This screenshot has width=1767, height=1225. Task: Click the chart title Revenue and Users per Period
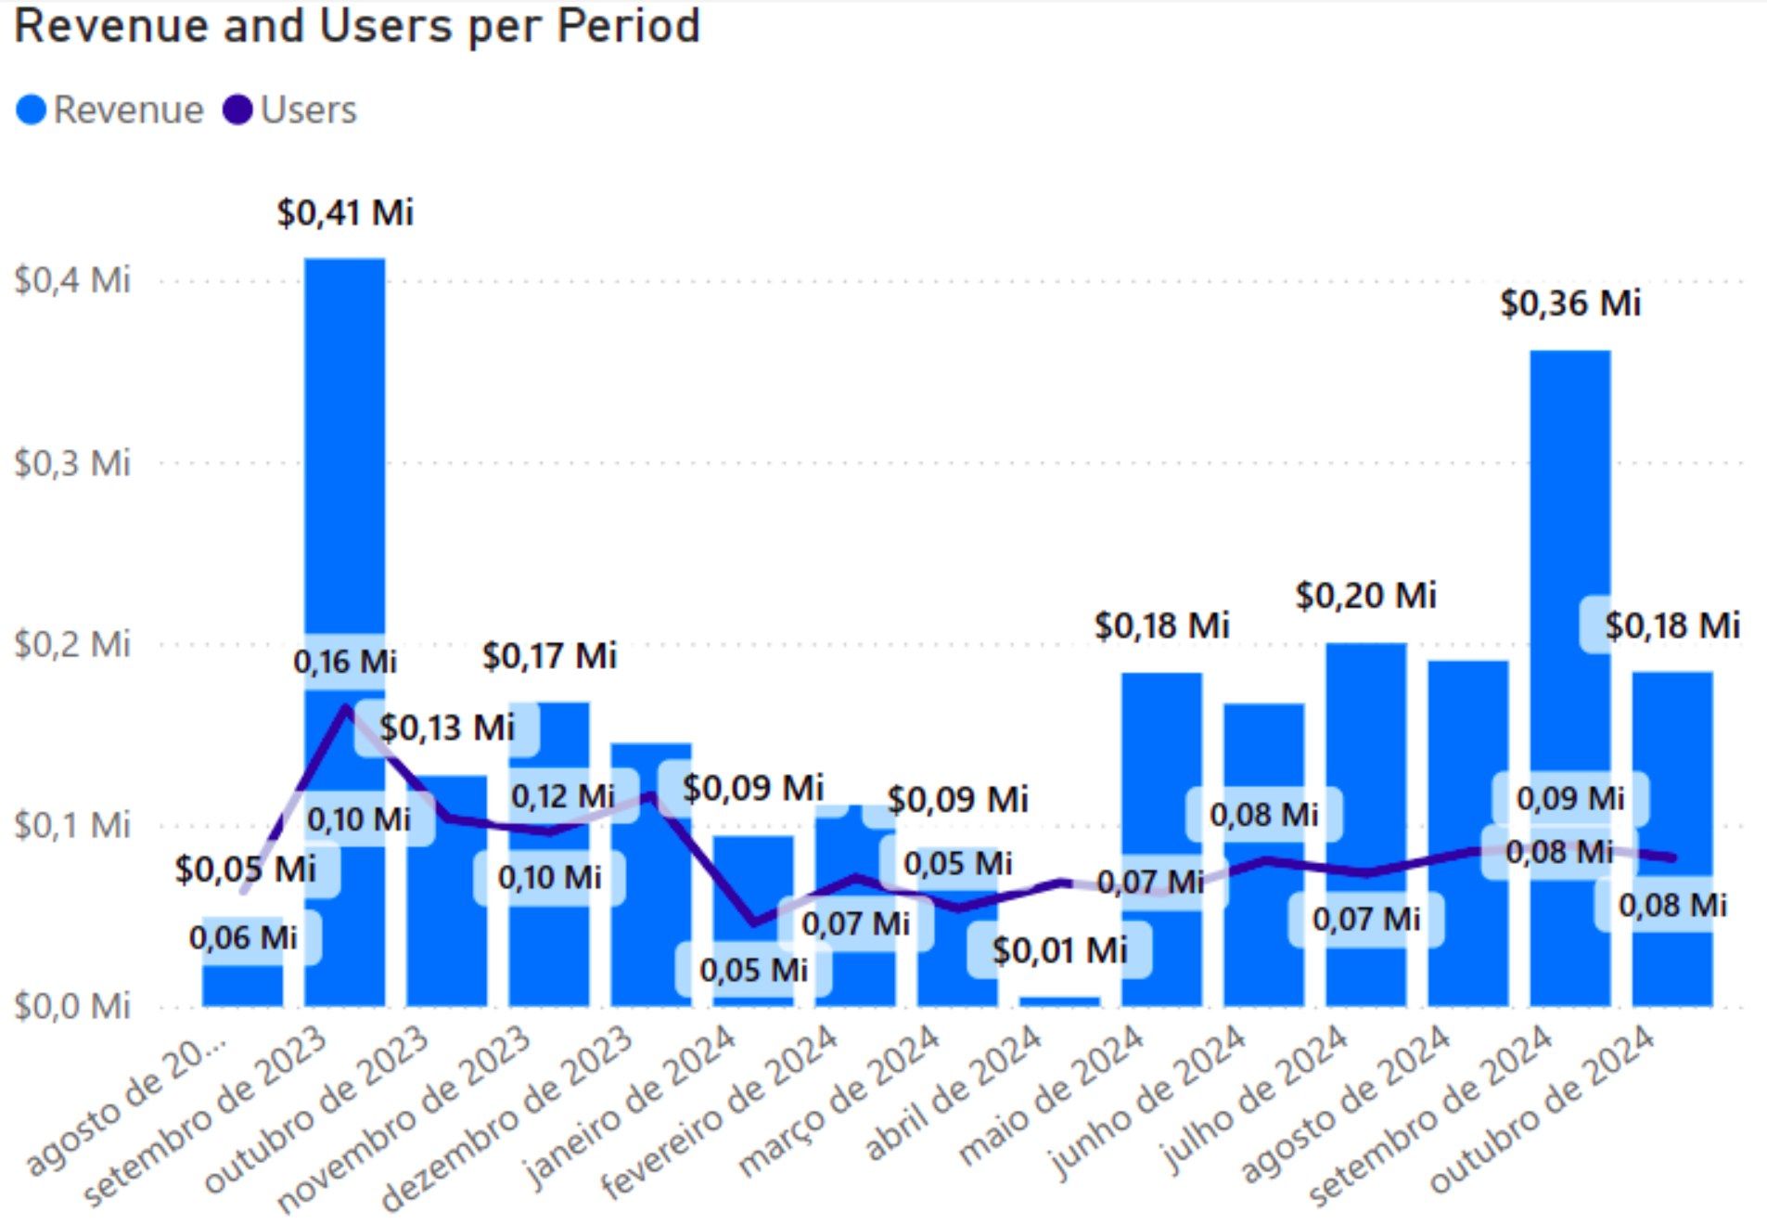(357, 26)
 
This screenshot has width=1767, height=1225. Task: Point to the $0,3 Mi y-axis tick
(72, 462)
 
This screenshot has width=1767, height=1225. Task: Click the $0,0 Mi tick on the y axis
(72, 1006)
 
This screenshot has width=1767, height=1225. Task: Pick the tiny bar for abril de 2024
(1059, 1001)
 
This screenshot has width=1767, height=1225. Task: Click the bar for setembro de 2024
(1570, 557)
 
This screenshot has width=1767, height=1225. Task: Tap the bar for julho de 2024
(1366, 742)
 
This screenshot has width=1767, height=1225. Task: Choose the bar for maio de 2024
(1161, 789)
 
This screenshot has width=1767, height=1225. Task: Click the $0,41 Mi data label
(345, 213)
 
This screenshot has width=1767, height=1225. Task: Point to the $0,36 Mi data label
(1570, 303)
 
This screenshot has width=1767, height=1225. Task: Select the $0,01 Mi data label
(1059, 950)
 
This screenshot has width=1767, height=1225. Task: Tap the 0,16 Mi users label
(345, 662)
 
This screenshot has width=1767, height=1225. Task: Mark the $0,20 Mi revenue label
(1365, 596)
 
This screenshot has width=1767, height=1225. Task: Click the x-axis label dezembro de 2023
(509, 1118)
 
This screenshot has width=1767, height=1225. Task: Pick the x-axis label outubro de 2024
(1543, 1108)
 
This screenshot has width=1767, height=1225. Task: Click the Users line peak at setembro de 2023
(346, 707)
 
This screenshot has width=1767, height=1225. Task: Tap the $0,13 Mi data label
(446, 728)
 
